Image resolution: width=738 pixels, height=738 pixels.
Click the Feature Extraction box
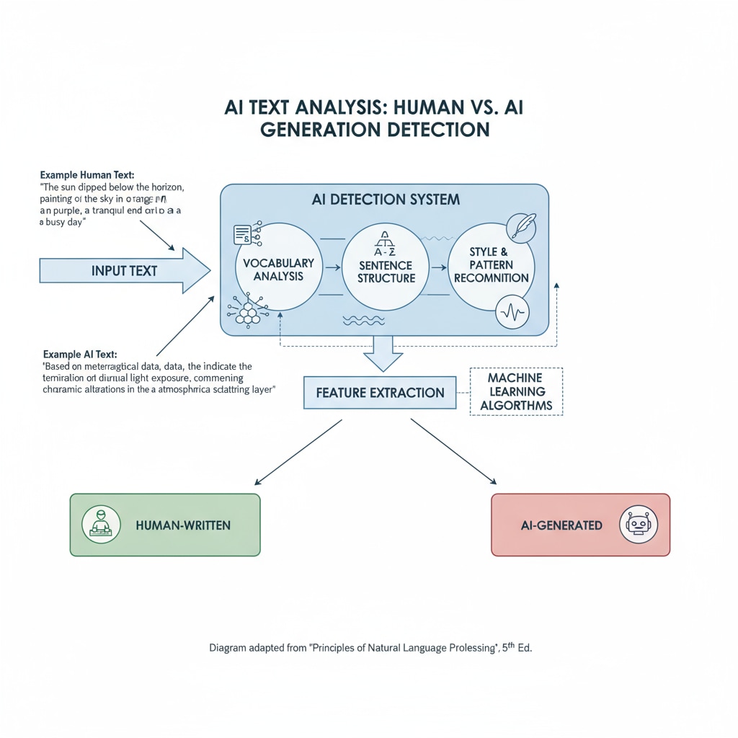point(380,393)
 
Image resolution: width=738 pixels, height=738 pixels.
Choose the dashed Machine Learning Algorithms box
point(515,391)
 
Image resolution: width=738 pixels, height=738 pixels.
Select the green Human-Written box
point(164,525)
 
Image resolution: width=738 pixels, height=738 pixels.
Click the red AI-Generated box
point(580,525)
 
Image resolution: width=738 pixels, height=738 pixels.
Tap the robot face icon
point(638,525)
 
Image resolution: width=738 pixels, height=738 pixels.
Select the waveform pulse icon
point(513,313)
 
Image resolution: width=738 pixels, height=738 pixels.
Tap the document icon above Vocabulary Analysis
point(241,234)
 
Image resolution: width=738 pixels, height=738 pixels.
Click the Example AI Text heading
point(80,354)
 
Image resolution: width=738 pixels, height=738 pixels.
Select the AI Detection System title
point(386,199)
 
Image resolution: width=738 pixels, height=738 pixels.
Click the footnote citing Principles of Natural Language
point(370,648)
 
